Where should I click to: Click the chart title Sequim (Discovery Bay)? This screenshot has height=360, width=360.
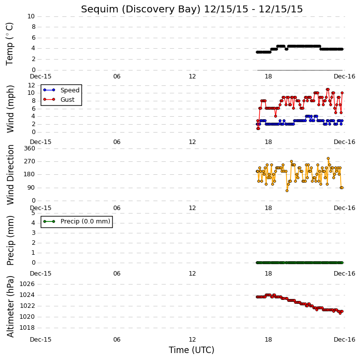pyautogui.click(x=141, y=9)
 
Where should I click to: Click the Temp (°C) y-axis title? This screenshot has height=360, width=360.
pyautogui.click(x=9, y=44)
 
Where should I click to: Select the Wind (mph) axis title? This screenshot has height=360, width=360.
pyautogui.click(x=10, y=109)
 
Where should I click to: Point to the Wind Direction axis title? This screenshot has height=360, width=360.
pyautogui.click(x=10, y=175)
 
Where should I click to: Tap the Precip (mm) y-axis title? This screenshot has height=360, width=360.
pyautogui.click(x=10, y=240)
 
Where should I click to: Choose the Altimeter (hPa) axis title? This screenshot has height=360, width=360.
pyautogui.click(x=10, y=306)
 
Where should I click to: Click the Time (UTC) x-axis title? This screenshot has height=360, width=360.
pyautogui.click(x=192, y=350)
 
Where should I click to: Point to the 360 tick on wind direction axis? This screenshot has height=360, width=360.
pyautogui.click(x=30, y=148)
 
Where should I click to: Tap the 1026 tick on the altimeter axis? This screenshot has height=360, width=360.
pyautogui.click(x=27, y=284)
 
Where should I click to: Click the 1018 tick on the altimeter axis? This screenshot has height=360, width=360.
pyautogui.click(x=27, y=328)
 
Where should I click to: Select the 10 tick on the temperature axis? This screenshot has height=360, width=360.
pyautogui.click(x=31, y=16)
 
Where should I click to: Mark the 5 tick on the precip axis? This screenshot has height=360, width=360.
pyautogui.click(x=34, y=213)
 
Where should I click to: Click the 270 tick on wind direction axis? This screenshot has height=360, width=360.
pyautogui.click(x=30, y=161)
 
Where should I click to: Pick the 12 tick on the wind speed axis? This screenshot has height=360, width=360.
pyautogui.click(x=31, y=85)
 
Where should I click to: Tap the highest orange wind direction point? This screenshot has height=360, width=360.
pyautogui.click(x=328, y=158)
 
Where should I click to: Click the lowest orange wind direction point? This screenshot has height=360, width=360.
pyautogui.click(x=287, y=191)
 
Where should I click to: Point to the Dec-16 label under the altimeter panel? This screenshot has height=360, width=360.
pyautogui.click(x=345, y=340)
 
